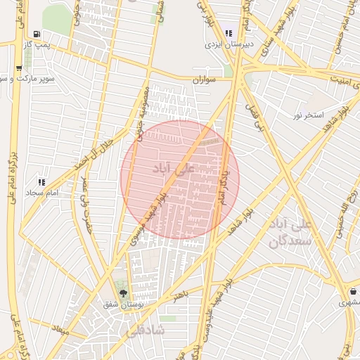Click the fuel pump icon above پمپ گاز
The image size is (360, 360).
pos(36,34)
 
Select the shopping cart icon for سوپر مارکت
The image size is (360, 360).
pos(18,69)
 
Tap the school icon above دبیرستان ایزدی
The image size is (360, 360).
pos(229,33)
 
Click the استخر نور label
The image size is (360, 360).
pos(307,115)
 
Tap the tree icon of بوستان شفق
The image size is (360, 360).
pos(124,293)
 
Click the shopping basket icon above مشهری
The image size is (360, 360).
pos(351,292)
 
